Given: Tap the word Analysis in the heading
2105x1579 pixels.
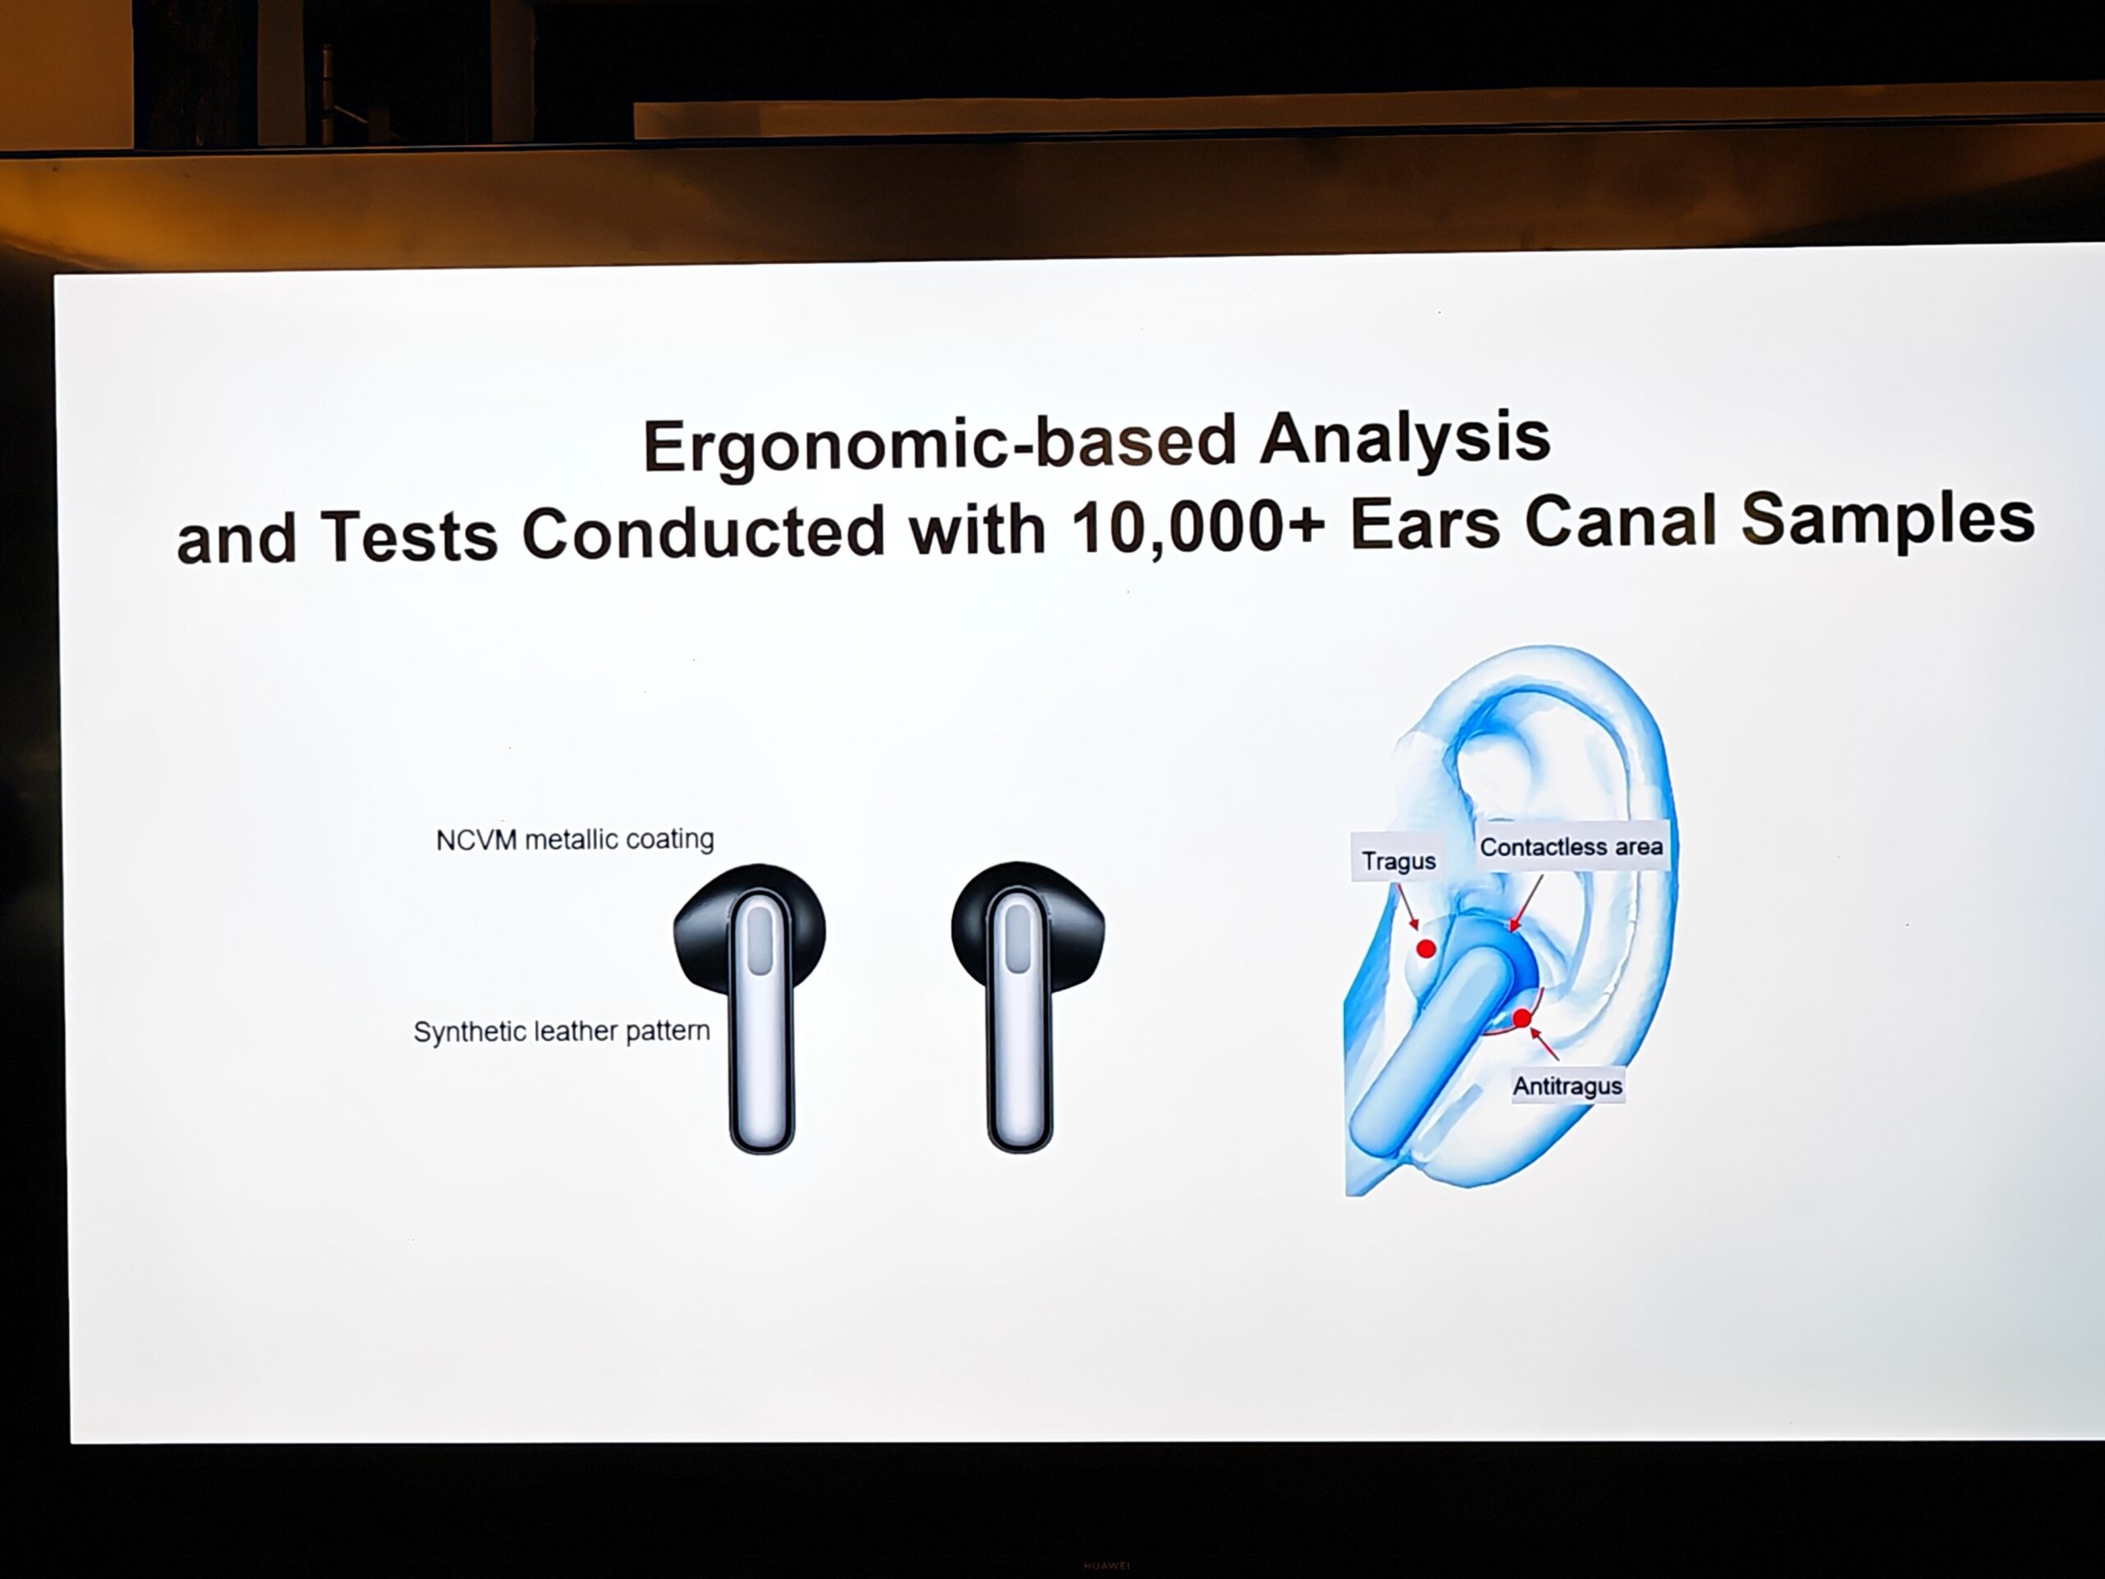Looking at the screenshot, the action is click(x=1404, y=439).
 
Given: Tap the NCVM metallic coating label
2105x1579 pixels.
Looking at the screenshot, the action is click(x=575, y=840).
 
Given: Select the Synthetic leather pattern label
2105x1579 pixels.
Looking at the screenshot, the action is click(x=562, y=1032).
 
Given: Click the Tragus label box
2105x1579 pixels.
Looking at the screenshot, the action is click(x=1398, y=860).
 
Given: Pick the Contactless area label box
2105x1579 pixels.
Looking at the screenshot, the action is click(x=1571, y=846).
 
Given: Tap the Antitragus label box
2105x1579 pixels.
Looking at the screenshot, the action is click(x=1567, y=1085).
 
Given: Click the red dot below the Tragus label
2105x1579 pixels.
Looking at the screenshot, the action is click(x=1426, y=948).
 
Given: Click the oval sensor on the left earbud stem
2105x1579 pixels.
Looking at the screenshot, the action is click(x=761, y=939).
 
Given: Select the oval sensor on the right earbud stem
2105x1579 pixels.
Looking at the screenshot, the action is click(x=1017, y=938).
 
